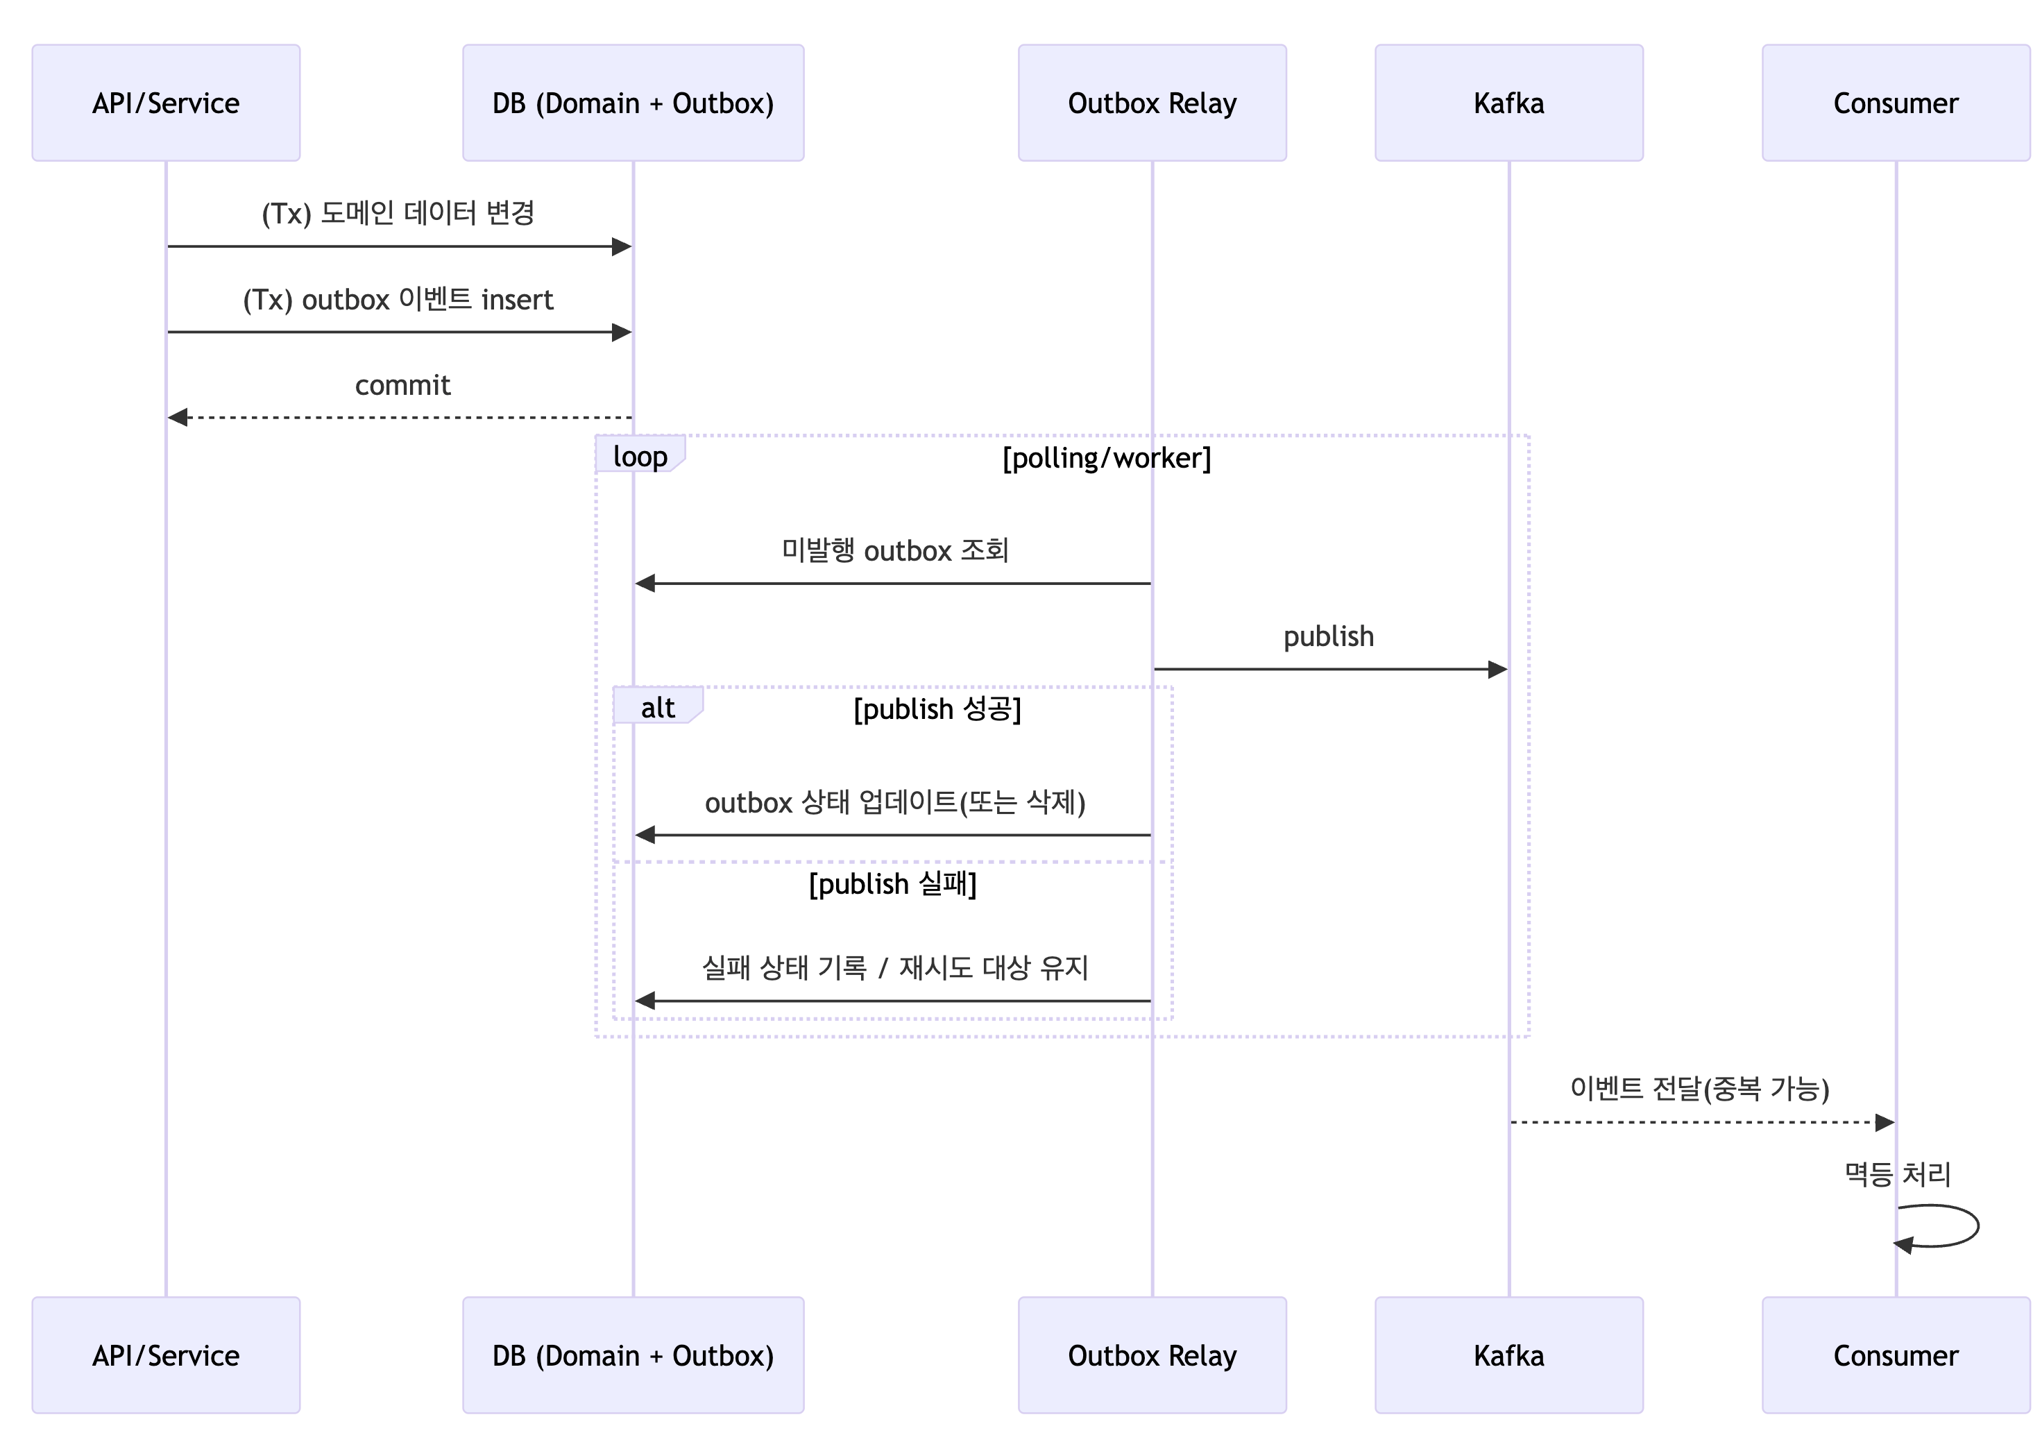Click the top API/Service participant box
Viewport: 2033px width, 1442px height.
(x=166, y=103)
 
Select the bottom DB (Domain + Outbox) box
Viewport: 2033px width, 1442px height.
(x=633, y=1355)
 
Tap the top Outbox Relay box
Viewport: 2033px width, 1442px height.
(x=1151, y=103)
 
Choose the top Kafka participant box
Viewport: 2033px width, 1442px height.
(x=1508, y=103)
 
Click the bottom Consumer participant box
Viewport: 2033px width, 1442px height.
(x=1896, y=1355)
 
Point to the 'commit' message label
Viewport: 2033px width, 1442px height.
(x=402, y=385)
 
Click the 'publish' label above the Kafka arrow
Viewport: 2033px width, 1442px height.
(x=1328, y=636)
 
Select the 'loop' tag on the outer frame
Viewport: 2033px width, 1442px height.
(x=639, y=457)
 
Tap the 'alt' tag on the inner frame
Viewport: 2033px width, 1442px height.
(x=658, y=708)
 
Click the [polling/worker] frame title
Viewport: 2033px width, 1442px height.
(x=1106, y=458)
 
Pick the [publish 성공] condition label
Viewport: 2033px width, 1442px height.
(x=937, y=709)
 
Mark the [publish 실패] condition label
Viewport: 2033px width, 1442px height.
(x=892, y=884)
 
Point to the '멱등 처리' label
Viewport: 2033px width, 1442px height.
(x=1896, y=1174)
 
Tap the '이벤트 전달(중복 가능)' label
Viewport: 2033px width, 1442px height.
(x=1699, y=1089)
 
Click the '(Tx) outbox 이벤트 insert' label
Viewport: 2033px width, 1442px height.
(x=398, y=300)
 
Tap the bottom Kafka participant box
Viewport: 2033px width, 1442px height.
(x=1508, y=1355)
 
